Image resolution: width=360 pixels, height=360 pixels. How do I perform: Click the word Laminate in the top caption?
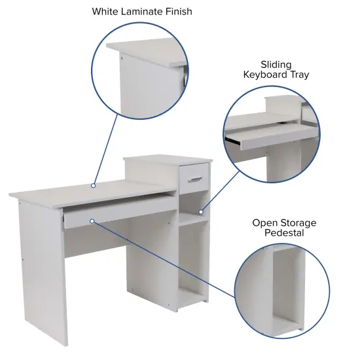coord(143,12)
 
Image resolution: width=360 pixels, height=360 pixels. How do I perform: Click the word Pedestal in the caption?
coord(284,233)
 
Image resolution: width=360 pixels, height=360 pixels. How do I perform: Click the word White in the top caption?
coord(106,12)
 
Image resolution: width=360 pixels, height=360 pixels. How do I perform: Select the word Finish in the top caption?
coord(178,12)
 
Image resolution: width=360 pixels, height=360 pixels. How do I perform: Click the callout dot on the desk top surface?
coord(94,185)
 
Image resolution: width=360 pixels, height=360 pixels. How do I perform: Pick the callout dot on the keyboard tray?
coord(92,221)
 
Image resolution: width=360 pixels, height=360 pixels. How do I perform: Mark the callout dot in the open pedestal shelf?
coord(201,212)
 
